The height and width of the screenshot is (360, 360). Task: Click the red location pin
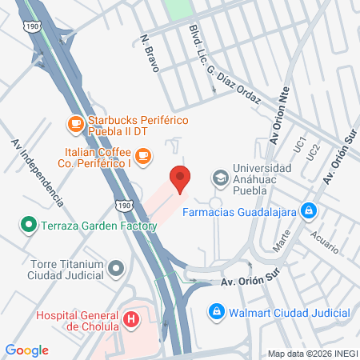click(179, 179)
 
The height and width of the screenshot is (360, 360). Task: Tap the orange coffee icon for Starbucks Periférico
click(75, 123)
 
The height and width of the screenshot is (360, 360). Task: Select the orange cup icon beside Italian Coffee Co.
click(143, 155)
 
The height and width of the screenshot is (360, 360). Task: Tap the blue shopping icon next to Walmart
click(215, 310)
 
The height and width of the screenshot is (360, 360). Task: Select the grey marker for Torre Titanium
click(117, 269)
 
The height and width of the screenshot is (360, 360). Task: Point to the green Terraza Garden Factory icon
click(29, 225)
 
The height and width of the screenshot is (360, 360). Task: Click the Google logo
click(27, 350)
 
